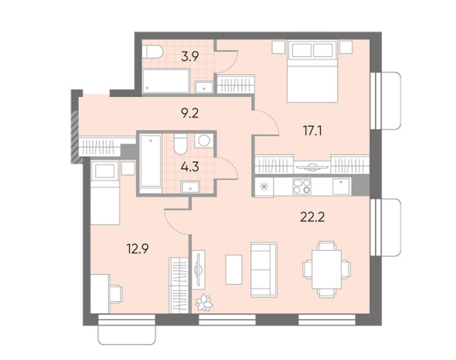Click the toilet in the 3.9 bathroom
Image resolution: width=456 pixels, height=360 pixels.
[152, 52]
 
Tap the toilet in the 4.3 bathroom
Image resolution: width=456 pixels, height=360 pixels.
[180, 144]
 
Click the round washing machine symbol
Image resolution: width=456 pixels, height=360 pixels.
[203, 140]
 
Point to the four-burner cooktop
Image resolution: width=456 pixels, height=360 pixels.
[301, 186]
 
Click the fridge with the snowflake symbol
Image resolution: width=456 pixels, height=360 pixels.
[264, 187]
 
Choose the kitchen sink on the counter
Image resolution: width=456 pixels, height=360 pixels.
[341, 186]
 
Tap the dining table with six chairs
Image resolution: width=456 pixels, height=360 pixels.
[326, 269]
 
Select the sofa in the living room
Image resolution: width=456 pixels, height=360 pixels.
[264, 270]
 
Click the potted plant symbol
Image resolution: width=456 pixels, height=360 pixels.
[204, 302]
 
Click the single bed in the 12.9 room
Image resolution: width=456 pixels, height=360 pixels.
[105, 192]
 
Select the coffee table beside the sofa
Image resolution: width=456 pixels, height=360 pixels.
[234, 269]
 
